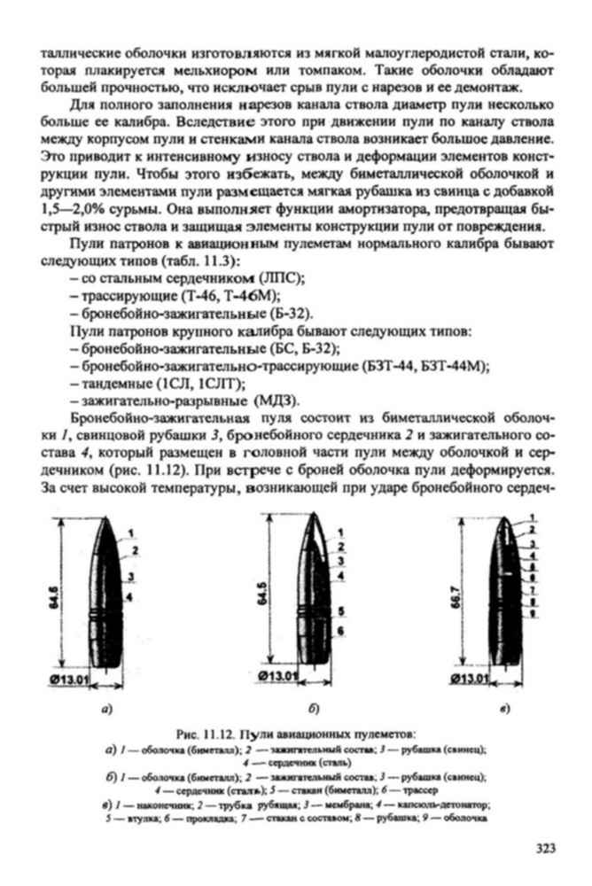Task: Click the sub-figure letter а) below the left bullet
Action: click(106, 710)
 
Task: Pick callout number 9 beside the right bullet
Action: click(532, 612)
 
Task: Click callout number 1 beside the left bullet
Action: click(129, 533)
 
